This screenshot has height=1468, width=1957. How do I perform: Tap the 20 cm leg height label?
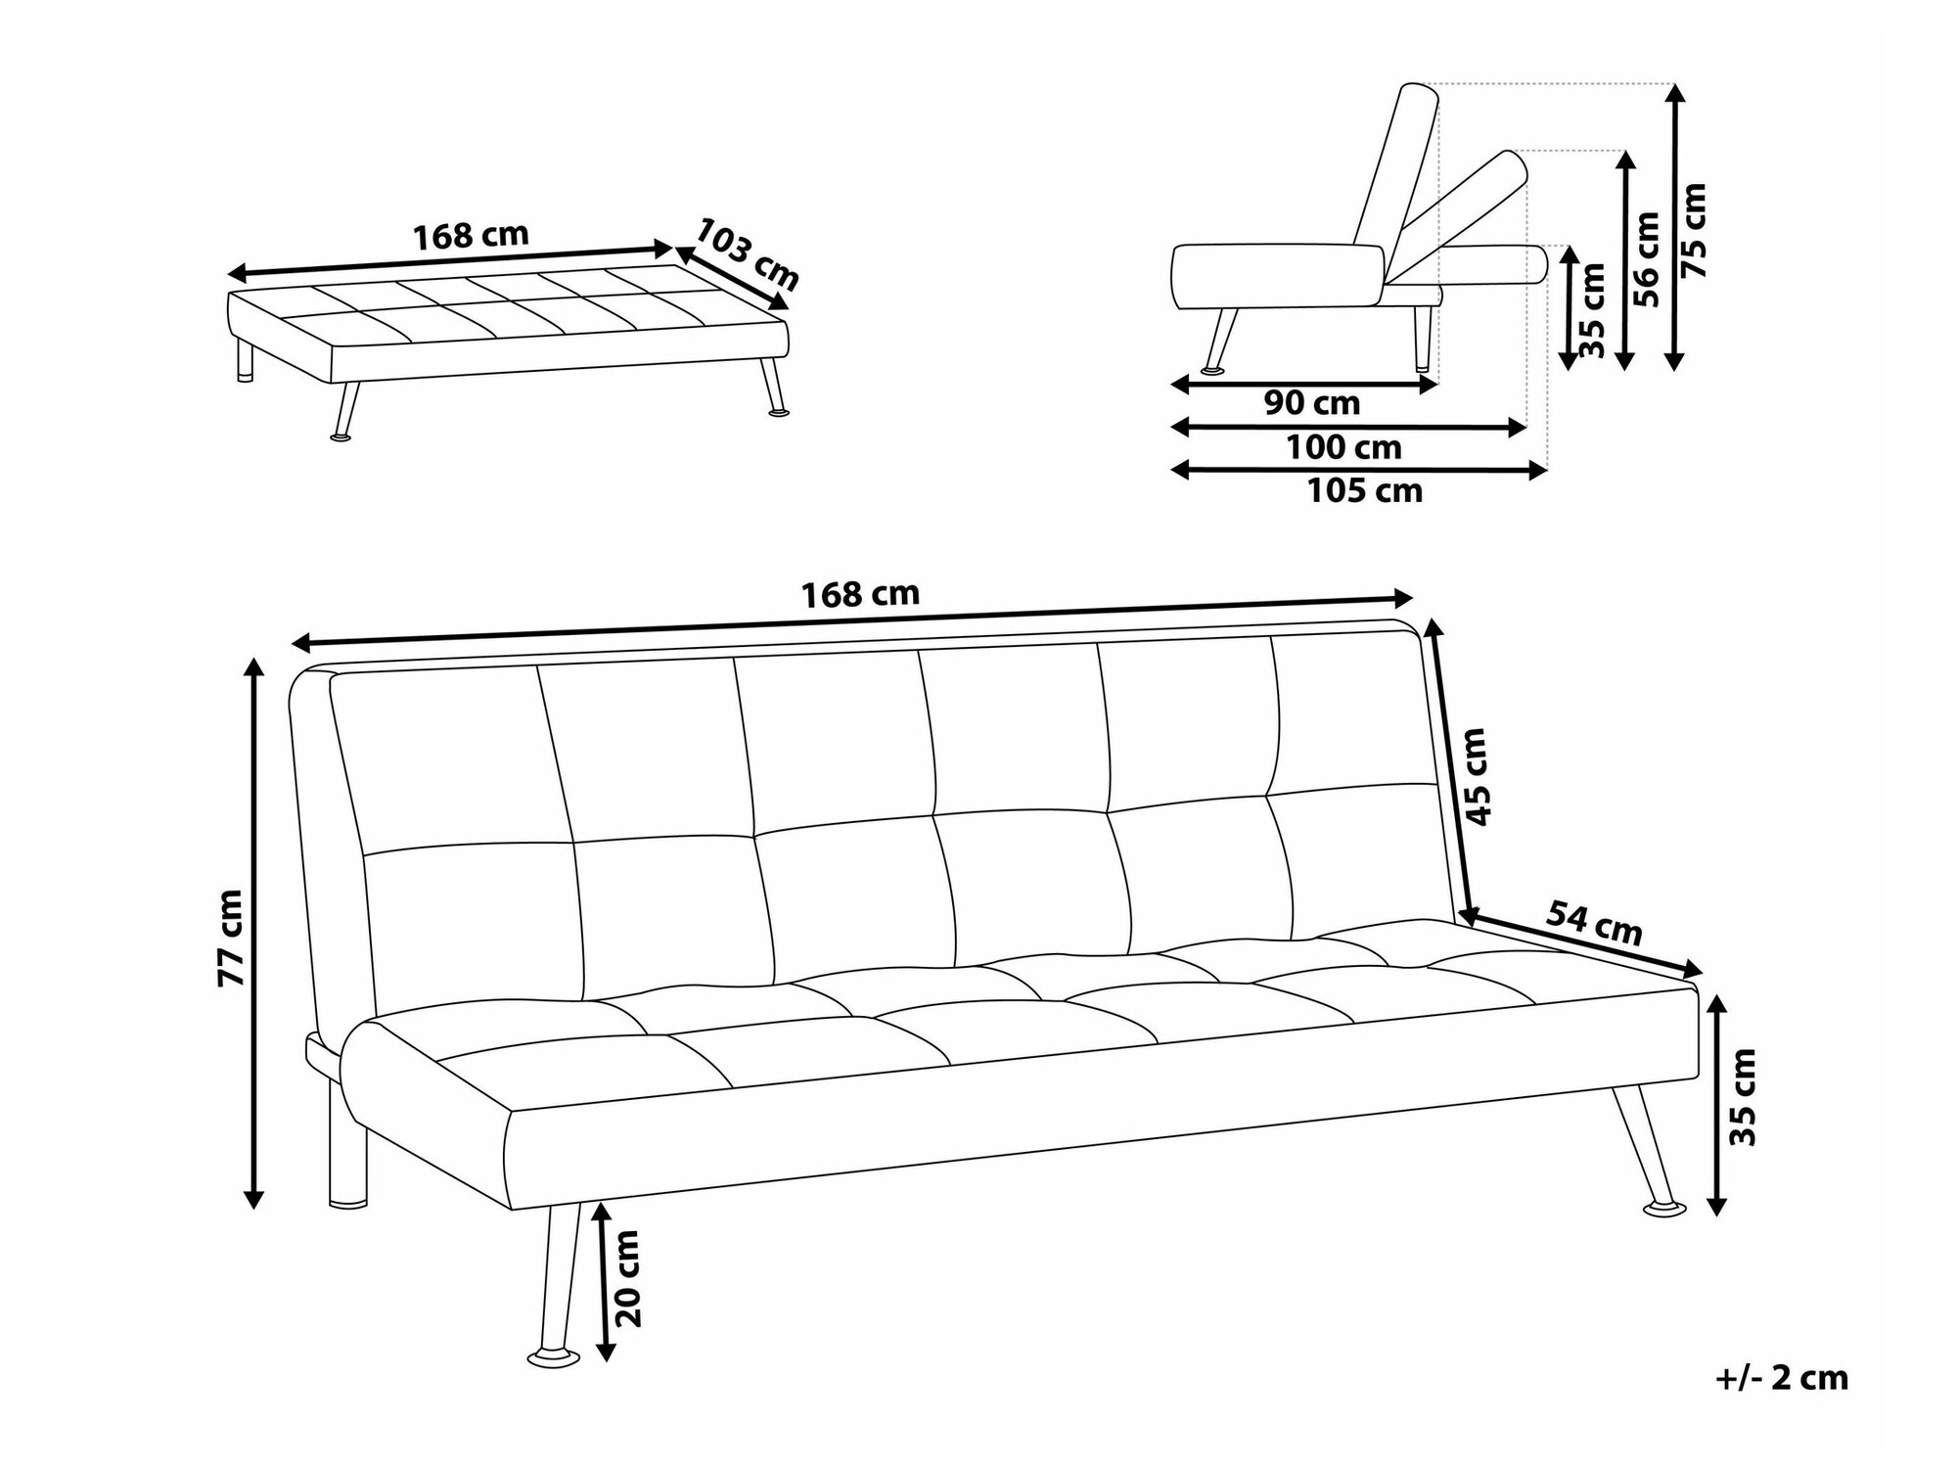[x=627, y=1278]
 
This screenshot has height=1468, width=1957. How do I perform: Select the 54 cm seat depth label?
[x=1594, y=923]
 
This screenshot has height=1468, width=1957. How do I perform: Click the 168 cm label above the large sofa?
[x=860, y=594]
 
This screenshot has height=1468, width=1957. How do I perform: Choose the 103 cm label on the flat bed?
[x=748, y=253]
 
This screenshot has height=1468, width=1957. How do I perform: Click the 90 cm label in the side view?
[x=1312, y=402]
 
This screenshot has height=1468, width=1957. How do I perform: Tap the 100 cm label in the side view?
[x=1343, y=447]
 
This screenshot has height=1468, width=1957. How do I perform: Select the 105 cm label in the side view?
[x=1365, y=490]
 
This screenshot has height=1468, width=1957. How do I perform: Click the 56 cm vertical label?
[x=1647, y=259]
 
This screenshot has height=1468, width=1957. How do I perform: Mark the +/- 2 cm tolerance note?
[x=1783, y=1378]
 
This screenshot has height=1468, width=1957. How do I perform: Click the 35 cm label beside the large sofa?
[x=1744, y=1097]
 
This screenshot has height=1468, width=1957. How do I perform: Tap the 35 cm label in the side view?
[x=1592, y=309]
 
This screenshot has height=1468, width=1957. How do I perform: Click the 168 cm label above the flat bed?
[x=471, y=236]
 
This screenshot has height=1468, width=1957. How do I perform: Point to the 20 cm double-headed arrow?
[x=606, y=1282]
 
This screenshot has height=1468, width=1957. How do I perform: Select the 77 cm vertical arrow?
[x=254, y=934]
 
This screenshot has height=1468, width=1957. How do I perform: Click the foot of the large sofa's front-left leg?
[x=554, y=1358]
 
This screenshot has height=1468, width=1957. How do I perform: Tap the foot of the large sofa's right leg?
[x=1663, y=1210]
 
